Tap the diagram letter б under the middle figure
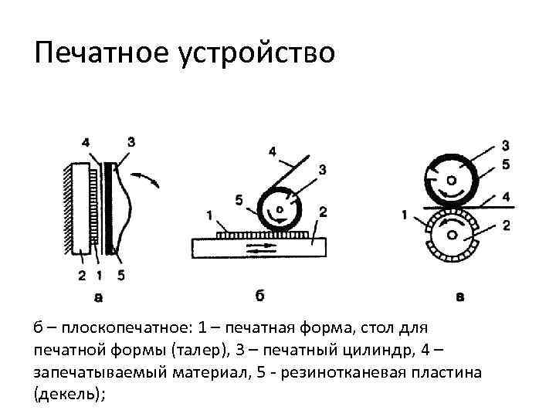(x=260, y=294)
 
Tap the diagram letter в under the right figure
(x=460, y=295)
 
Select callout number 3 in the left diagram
(x=131, y=141)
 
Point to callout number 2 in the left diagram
(x=82, y=274)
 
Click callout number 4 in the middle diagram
(x=272, y=151)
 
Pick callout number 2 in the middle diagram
(x=323, y=210)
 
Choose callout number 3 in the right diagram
(x=505, y=146)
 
